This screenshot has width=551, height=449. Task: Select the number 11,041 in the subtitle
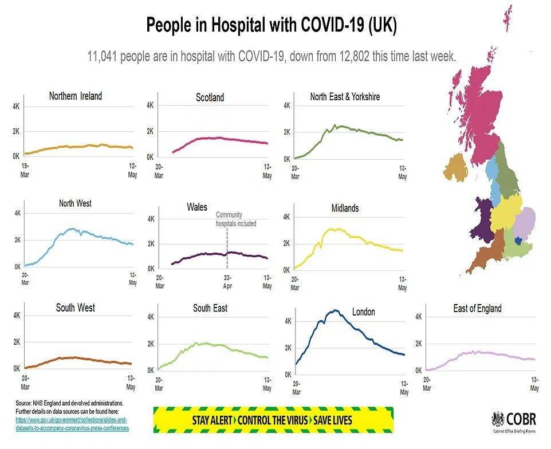[x=103, y=57]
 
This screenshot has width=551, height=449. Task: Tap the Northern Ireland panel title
[x=75, y=96]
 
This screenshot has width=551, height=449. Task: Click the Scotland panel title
[x=210, y=97]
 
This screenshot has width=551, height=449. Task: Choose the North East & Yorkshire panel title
[x=345, y=97]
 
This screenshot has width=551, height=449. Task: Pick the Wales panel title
[x=196, y=207]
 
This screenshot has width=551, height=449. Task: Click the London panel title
[x=363, y=312]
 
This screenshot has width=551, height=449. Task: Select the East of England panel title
[x=477, y=308]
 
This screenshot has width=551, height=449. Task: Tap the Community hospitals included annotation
[x=235, y=219]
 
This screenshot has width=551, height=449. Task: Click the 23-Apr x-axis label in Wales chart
[x=227, y=281]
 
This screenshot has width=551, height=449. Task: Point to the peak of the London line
[x=334, y=311]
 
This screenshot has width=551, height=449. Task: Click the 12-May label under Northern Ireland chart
[x=132, y=171]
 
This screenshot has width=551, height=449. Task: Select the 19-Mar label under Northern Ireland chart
[x=25, y=171]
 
